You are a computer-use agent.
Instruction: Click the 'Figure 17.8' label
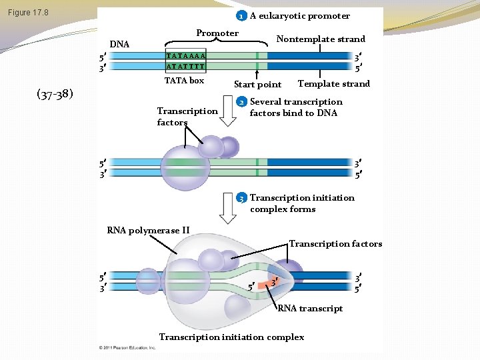pos(28,13)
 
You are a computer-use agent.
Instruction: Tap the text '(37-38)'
pos(55,93)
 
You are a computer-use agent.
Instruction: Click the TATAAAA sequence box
pos(185,56)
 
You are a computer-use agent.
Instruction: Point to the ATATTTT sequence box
pos(185,67)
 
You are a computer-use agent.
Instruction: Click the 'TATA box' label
pos(184,81)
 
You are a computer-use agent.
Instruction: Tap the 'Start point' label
pos(257,85)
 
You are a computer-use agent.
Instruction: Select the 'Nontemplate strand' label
pos(321,39)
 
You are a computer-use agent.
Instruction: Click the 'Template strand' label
pos(333,83)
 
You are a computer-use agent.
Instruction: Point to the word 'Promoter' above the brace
pos(217,33)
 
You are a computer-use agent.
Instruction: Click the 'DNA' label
pos(119,45)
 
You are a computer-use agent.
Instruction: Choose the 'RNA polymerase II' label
pos(148,231)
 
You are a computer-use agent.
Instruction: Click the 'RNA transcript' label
pos(310,308)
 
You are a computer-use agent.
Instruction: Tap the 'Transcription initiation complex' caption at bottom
pos(231,337)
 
